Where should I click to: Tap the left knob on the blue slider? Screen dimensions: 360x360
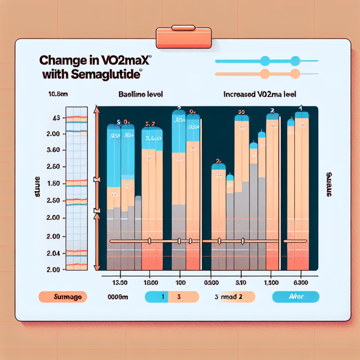[265, 61]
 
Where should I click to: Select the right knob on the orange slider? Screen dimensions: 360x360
[296, 75]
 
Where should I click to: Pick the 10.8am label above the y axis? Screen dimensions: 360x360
[58, 94]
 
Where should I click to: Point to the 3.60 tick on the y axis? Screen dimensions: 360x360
[57, 150]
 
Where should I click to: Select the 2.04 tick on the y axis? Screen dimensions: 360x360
[57, 253]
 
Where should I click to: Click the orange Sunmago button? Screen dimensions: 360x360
[63, 297]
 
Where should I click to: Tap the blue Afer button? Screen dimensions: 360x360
[296, 297]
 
